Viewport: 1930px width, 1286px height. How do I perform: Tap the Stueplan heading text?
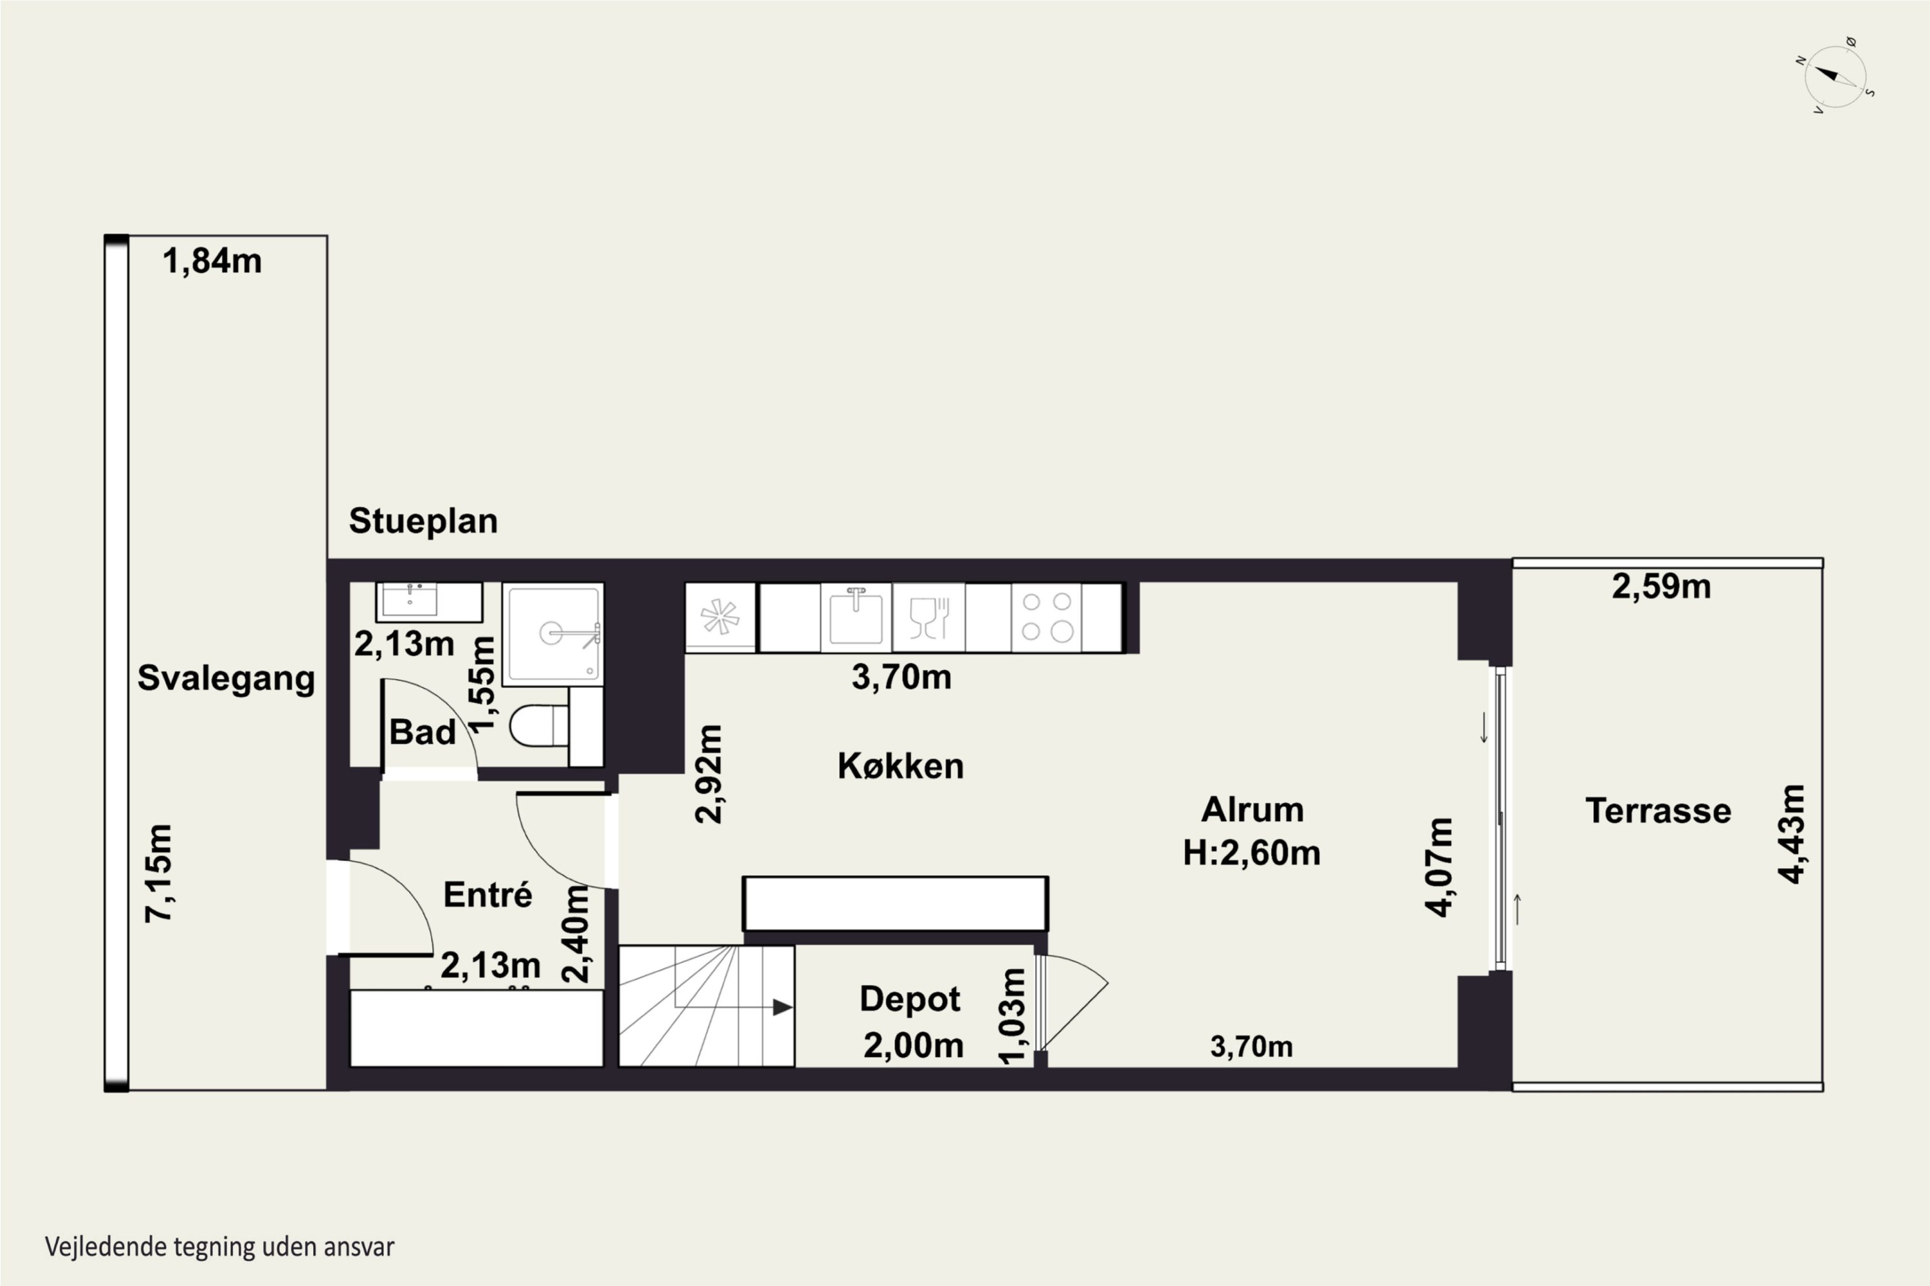coord(423,521)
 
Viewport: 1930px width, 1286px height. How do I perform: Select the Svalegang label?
coord(226,679)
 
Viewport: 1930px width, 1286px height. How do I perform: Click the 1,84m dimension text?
coord(212,262)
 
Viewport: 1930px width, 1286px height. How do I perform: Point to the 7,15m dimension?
coord(158,873)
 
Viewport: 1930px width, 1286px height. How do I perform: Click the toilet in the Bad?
coord(538,726)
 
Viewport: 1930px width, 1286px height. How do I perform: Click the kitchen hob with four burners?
coord(1046,617)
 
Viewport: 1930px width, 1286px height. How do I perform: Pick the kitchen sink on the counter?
coord(856,617)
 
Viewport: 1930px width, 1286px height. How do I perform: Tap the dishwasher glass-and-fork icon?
coord(929,617)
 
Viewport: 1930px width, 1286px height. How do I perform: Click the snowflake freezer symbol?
coord(720,617)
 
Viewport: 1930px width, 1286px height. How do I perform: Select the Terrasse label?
coord(1659,811)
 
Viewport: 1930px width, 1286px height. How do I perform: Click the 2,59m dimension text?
coord(1662,586)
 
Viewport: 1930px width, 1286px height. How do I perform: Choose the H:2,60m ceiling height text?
coord(1251,853)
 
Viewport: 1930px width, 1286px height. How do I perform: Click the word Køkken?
coord(900,766)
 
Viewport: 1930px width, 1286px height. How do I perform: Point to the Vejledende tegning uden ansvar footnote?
coord(220,1247)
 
